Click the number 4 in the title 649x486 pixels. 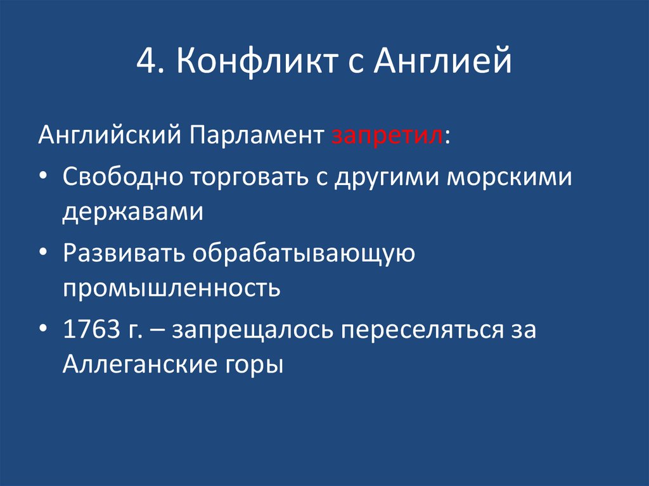145,63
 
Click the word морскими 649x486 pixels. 510,177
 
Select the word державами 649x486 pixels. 132,212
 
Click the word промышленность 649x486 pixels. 171,289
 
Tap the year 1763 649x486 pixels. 91,329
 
